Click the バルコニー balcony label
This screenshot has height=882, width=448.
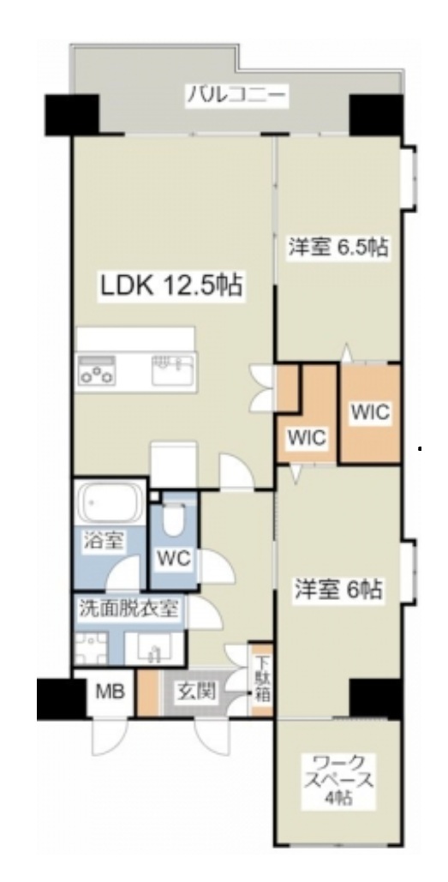click(x=239, y=94)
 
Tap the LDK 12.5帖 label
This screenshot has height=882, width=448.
click(x=170, y=286)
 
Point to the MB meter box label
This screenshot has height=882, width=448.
click(x=109, y=692)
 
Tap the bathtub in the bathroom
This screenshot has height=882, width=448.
click(x=108, y=504)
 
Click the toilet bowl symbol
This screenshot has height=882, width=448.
click(x=175, y=519)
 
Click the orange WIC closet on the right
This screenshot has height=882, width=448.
click(x=370, y=413)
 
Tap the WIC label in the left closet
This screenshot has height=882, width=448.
click(x=306, y=437)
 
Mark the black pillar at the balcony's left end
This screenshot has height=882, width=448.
click(x=73, y=112)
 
